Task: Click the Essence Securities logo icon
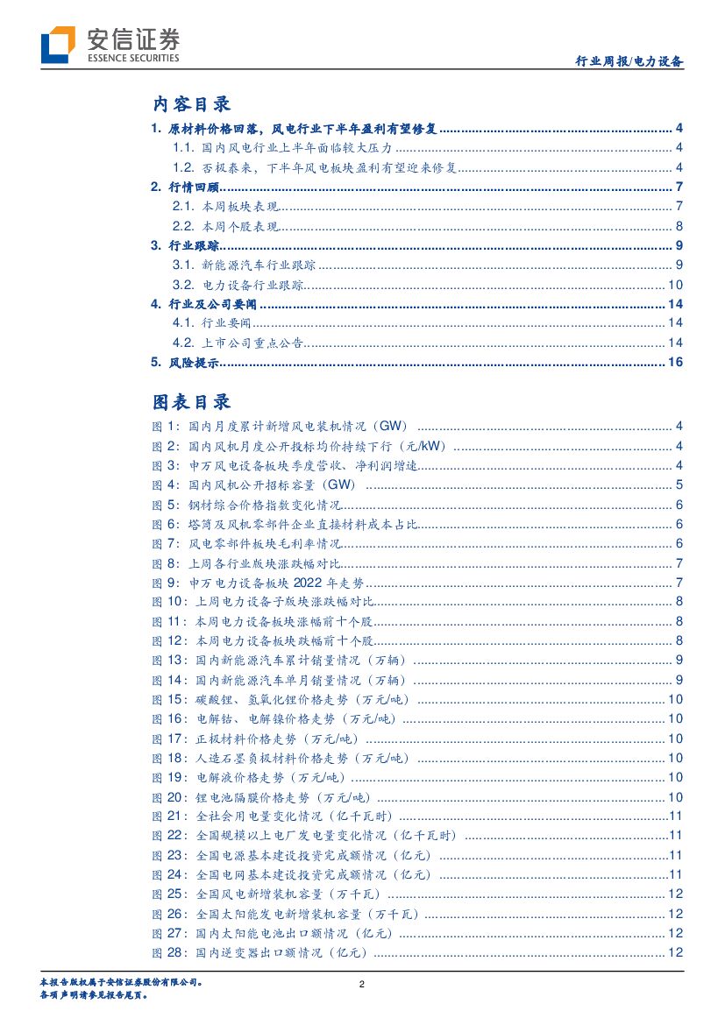pyautogui.click(x=58, y=45)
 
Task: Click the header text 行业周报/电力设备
pyautogui.click(x=629, y=62)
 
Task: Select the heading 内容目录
pyautogui.click(x=192, y=104)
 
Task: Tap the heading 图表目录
pyautogui.click(x=192, y=401)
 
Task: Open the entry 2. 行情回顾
pyautogui.click(x=185, y=187)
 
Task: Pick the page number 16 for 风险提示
pyautogui.click(x=675, y=363)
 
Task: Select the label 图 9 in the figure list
pyautogui.click(x=165, y=583)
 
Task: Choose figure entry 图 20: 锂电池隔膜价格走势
pyautogui.click(x=261, y=797)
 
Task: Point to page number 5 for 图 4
pyautogui.click(x=679, y=484)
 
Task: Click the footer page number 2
pyautogui.click(x=362, y=985)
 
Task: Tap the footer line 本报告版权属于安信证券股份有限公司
pyautogui.click(x=122, y=983)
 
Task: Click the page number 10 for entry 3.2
pyautogui.click(x=675, y=285)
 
